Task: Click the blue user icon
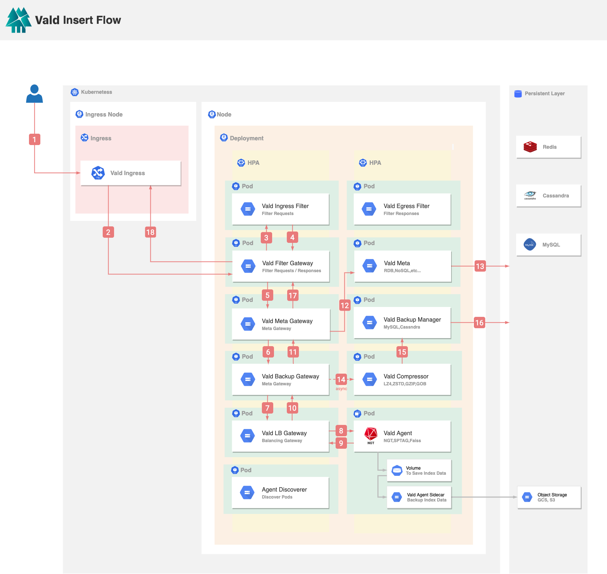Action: pyautogui.click(x=34, y=94)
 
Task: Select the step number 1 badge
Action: pyautogui.click(x=34, y=140)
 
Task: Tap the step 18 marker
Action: pyautogui.click(x=150, y=232)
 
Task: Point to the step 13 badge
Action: pyautogui.click(x=480, y=266)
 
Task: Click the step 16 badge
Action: pyautogui.click(x=479, y=323)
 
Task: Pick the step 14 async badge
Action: pyautogui.click(x=341, y=379)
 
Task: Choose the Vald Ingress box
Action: pyautogui.click(x=131, y=173)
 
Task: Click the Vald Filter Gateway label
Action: pyautogui.click(x=288, y=263)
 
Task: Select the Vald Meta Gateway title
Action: pyautogui.click(x=287, y=321)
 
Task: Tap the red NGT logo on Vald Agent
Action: pyautogui.click(x=371, y=435)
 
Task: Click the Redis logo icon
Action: pyautogui.click(x=530, y=147)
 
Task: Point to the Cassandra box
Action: pyautogui.click(x=549, y=196)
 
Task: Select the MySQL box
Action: pyautogui.click(x=549, y=245)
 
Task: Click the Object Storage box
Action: pyautogui.click(x=549, y=497)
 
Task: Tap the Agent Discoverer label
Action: pyautogui.click(x=284, y=490)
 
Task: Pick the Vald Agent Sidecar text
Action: pyautogui.click(x=426, y=495)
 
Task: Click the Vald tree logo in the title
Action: pyautogui.click(x=18, y=20)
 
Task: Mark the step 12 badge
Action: pyautogui.click(x=345, y=305)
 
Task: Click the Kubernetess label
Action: pyautogui.click(x=96, y=92)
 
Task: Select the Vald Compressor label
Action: pyautogui.click(x=406, y=377)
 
